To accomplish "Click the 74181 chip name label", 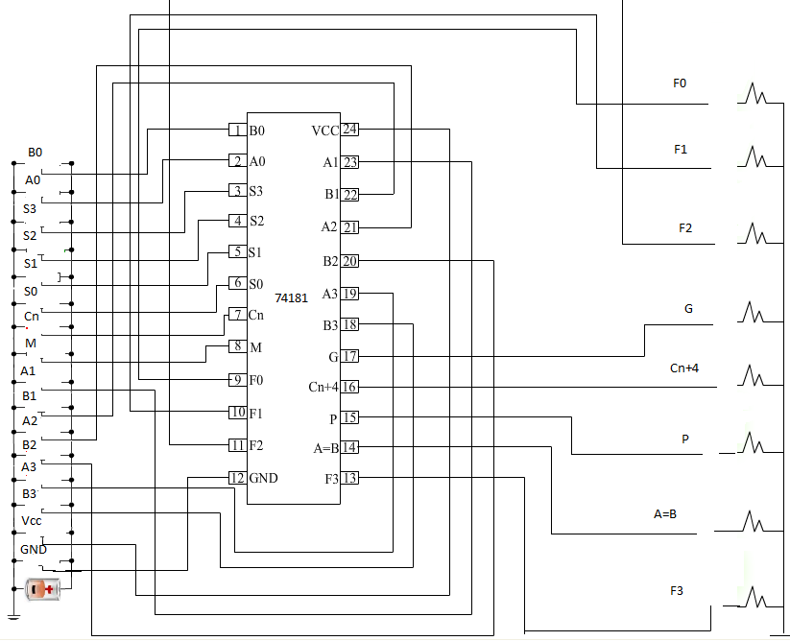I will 291,298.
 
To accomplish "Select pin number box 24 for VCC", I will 350,130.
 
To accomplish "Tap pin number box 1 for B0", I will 236,130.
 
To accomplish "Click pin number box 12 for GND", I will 236,477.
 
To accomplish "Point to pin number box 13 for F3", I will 350,478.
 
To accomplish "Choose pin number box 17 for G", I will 350,356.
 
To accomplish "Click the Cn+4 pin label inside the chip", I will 323,387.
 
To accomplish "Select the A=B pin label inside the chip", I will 326,448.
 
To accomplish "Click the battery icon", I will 43,590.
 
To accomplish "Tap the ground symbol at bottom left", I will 13,617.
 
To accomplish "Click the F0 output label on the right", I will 680,83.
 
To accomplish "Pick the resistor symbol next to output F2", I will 757,233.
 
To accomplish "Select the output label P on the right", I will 685,439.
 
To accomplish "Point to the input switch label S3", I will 30,207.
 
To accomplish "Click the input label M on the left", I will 31,343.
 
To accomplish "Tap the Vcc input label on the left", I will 32,520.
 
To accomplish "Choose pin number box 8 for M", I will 236,346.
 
